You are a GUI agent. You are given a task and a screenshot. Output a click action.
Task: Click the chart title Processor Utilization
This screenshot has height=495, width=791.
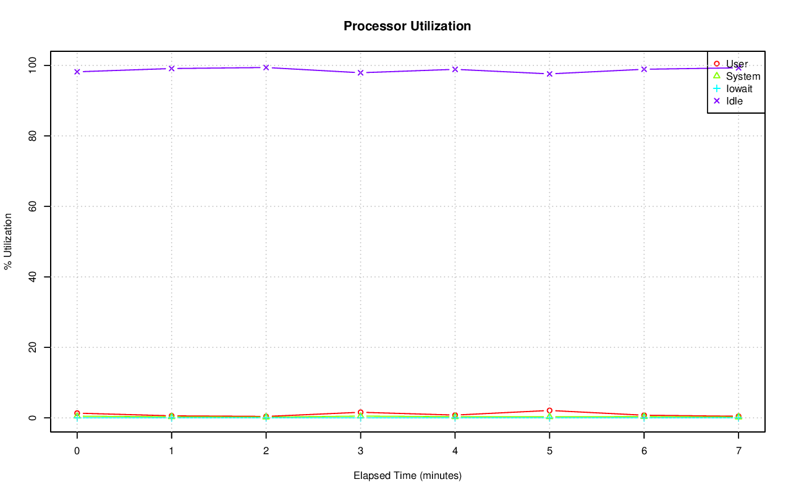click(x=407, y=27)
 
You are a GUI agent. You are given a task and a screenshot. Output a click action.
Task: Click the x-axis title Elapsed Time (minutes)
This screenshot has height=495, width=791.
click(x=407, y=476)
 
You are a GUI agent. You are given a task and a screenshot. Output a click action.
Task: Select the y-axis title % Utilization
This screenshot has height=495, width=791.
click(x=8, y=241)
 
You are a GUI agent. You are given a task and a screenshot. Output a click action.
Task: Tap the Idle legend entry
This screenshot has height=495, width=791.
click(x=734, y=101)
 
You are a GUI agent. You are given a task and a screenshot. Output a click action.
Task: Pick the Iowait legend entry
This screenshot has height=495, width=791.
click(x=739, y=89)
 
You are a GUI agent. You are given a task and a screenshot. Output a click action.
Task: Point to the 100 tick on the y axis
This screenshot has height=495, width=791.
click(x=33, y=66)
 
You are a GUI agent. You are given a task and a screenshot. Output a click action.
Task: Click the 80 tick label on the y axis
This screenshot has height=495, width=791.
click(x=33, y=136)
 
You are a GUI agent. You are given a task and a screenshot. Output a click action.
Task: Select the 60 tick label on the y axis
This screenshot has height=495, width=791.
click(x=33, y=206)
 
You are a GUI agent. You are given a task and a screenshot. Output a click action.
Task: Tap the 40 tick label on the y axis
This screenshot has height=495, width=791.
click(x=33, y=277)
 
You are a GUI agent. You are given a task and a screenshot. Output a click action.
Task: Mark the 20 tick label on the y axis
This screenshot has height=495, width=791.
click(x=33, y=347)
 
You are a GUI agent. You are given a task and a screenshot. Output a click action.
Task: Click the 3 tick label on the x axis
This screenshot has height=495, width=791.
click(x=360, y=452)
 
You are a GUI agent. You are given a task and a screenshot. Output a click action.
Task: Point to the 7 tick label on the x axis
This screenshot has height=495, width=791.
click(x=738, y=452)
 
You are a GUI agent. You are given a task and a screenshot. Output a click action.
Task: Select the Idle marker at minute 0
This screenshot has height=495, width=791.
click(x=77, y=72)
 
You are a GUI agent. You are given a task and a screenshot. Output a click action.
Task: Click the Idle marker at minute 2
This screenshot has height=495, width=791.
click(x=266, y=67)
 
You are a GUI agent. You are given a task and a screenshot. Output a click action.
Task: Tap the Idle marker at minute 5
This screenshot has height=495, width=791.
click(x=549, y=74)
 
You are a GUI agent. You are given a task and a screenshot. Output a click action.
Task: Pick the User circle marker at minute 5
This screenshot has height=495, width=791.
click(x=549, y=410)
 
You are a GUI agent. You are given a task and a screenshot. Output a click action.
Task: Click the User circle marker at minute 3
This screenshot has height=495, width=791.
click(x=360, y=412)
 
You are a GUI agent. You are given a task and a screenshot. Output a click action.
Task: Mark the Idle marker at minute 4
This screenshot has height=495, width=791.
click(x=455, y=69)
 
